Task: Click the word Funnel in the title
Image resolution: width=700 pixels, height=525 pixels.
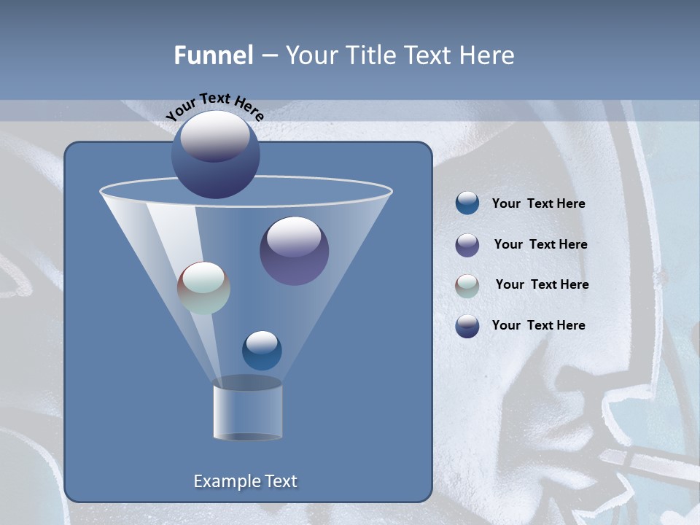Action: (x=214, y=55)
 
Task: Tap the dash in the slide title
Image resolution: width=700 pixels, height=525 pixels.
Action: (x=269, y=56)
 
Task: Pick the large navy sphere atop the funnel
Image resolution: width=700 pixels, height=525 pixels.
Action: (x=215, y=155)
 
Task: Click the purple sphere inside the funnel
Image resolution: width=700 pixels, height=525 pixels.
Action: (x=294, y=251)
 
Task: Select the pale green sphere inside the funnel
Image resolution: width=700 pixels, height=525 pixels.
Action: (x=203, y=288)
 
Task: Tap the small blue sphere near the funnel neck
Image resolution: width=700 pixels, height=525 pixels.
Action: (x=262, y=350)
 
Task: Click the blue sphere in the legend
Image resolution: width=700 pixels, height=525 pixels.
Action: (x=467, y=203)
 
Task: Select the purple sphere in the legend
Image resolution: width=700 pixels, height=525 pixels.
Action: (x=467, y=245)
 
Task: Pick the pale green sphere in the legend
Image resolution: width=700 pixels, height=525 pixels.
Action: (x=467, y=286)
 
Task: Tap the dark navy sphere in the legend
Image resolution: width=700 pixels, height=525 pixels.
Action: (x=467, y=326)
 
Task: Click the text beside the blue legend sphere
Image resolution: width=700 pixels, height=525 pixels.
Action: (x=538, y=204)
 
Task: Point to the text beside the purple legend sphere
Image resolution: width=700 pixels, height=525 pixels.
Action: (x=540, y=244)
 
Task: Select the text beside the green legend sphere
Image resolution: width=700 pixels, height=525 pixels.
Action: (x=542, y=284)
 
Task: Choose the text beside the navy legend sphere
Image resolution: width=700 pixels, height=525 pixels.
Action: (x=538, y=325)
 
